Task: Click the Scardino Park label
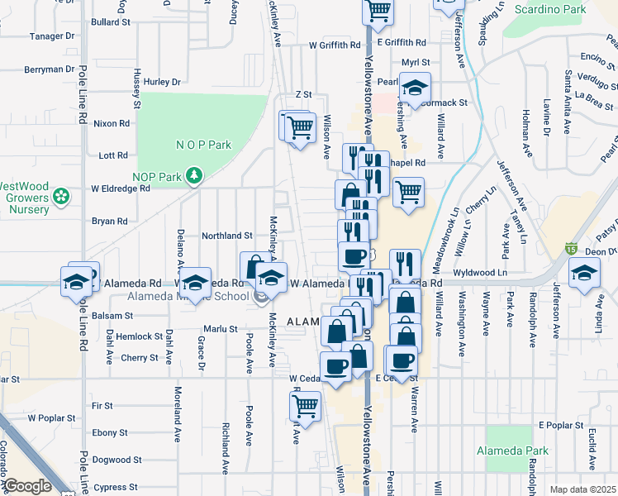549,10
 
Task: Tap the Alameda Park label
512,451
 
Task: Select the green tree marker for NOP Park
194,175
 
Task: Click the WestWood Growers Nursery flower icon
59,197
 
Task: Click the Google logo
27,486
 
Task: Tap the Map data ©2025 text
582,489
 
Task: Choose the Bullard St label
111,21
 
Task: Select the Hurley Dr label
162,82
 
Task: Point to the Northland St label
227,236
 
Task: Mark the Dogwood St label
112,460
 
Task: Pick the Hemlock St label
139,336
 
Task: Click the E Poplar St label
561,425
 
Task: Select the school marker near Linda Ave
583,274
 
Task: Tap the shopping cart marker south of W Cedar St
306,407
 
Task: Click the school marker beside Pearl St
415,87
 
